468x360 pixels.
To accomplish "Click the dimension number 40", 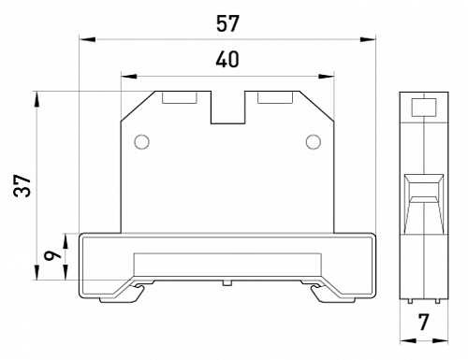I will [227, 60].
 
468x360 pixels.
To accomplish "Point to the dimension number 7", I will [424, 324].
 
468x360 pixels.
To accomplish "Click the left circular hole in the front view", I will [141, 142].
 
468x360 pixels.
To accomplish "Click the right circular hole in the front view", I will [314, 142].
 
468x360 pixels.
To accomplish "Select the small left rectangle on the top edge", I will [179, 96].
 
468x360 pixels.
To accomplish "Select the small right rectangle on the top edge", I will [274, 96].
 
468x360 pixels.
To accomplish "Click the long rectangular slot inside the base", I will [227, 264].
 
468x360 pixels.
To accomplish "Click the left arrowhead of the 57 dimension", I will [84, 39].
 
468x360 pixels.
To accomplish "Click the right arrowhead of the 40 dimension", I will [329, 76].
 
